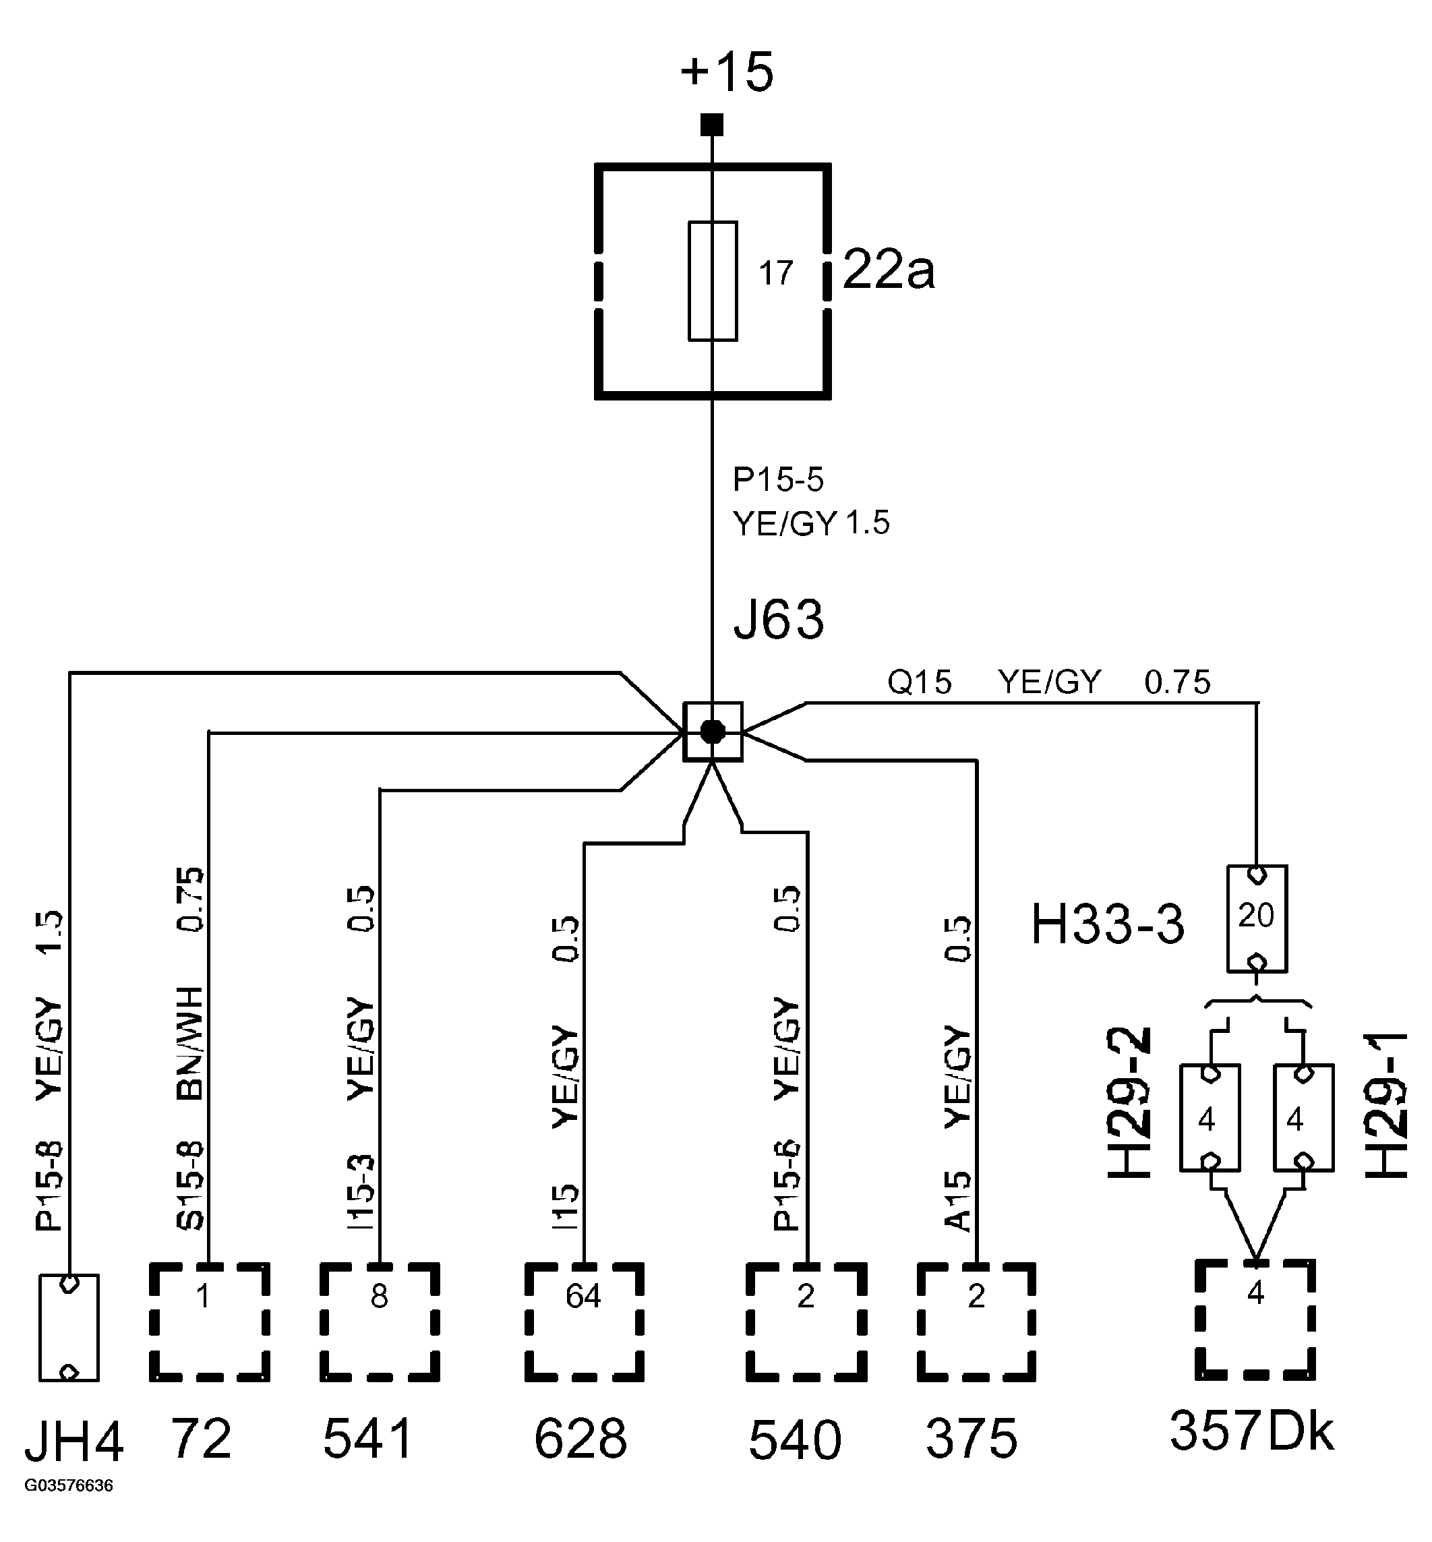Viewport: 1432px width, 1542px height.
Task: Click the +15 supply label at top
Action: (x=726, y=72)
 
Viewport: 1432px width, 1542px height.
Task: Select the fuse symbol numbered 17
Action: (x=712, y=280)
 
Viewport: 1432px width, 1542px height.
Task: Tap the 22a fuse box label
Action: (x=888, y=270)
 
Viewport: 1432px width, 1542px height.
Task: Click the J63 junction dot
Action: (x=712, y=732)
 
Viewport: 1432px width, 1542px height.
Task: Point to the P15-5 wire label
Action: (x=777, y=479)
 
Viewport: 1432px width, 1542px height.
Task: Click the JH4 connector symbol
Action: (x=69, y=1327)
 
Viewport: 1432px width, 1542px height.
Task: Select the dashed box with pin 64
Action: (x=583, y=1321)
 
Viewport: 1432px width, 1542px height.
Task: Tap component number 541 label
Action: (x=367, y=1438)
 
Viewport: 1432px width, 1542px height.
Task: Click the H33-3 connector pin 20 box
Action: (x=1256, y=918)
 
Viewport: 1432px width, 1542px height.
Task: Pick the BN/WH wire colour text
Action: (x=191, y=1043)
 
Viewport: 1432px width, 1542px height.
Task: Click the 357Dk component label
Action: (x=1251, y=1431)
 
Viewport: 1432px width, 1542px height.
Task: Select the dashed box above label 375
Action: (x=976, y=1321)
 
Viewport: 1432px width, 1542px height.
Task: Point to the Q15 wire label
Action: (x=919, y=682)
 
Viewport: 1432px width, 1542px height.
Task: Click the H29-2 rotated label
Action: (x=1130, y=1102)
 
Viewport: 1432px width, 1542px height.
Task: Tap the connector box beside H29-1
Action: (x=1303, y=1117)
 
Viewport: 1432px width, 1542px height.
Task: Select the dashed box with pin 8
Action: (x=379, y=1321)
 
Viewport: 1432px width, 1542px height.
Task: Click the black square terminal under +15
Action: (x=711, y=124)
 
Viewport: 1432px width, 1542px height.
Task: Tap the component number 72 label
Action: (x=201, y=1438)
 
